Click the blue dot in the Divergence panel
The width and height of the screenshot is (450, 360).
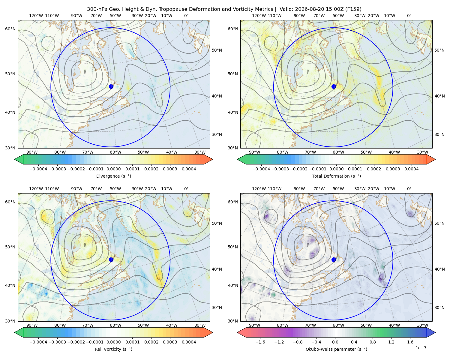click(111, 86)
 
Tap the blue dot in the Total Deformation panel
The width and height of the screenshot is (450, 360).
click(334, 86)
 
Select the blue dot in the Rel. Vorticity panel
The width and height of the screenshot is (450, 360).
click(111, 259)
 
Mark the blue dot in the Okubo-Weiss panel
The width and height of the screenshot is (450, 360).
click(334, 259)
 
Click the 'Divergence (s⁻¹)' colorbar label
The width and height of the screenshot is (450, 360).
click(113, 176)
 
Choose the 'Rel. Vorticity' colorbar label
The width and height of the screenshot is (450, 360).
click(108, 349)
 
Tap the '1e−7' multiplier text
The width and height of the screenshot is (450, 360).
click(421, 348)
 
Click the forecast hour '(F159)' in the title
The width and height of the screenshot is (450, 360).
click(353, 9)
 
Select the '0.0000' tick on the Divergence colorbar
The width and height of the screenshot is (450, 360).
click(113, 169)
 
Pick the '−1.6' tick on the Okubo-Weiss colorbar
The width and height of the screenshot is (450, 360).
click(260, 342)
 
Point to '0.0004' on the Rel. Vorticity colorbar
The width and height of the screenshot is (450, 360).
click(189, 342)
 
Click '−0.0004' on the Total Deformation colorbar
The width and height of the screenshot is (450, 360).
click(261, 169)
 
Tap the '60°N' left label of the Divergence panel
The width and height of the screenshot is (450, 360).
click(10, 29)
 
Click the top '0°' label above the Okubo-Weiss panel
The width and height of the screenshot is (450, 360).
click(409, 189)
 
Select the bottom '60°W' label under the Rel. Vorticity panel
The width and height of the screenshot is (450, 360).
click(115, 325)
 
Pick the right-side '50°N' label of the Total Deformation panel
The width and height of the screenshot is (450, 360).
click(439, 50)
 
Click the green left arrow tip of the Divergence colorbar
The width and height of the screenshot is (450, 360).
click(15, 159)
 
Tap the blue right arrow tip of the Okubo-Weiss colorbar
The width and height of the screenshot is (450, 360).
click(435, 332)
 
